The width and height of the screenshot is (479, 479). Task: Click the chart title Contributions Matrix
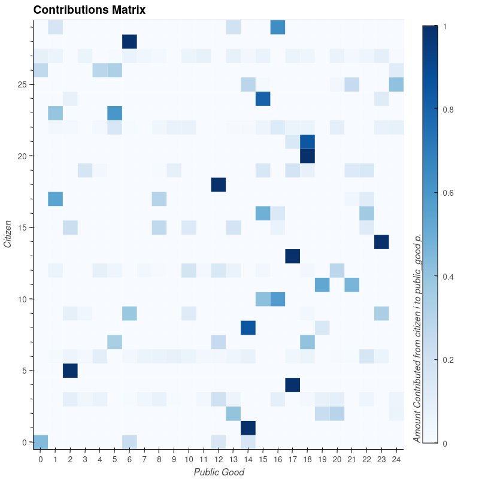(89, 10)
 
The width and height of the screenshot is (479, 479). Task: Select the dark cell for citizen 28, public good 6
(129, 41)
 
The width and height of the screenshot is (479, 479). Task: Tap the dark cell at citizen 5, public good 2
(70, 371)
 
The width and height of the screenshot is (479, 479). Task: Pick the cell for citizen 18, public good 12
(219, 184)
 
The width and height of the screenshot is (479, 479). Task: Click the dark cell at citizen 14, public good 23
(381, 242)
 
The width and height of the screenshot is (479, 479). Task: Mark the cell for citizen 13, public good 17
(292, 256)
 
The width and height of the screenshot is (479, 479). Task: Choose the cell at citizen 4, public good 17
(292, 385)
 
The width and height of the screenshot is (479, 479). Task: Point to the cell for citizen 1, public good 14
(248, 428)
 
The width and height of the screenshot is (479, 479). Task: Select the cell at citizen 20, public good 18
(307, 156)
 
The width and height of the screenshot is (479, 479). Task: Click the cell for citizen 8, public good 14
(248, 328)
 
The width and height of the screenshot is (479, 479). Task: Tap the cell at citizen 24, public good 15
(263, 99)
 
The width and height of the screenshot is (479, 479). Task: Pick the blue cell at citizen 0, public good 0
(40, 442)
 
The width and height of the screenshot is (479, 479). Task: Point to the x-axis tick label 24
(396, 459)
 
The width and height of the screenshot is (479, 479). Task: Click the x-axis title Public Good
(219, 472)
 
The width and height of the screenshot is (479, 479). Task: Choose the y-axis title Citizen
(8, 234)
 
